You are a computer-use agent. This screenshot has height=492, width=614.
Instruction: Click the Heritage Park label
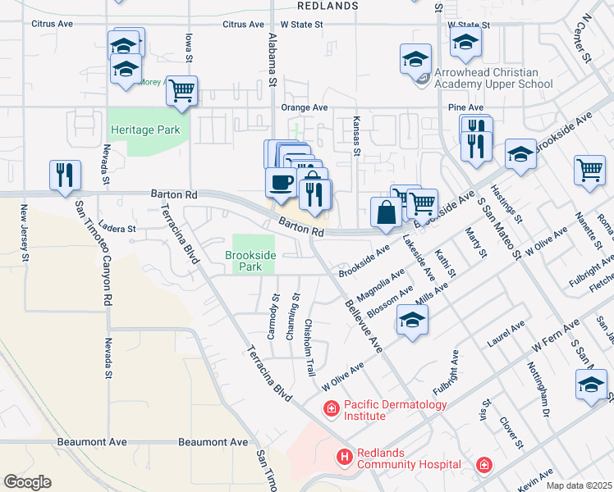click(x=145, y=130)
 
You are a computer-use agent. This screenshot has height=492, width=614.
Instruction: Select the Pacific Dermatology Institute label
click(x=396, y=410)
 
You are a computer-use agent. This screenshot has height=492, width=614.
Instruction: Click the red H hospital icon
click(x=344, y=456)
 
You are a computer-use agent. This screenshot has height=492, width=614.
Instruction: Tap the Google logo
click(x=27, y=482)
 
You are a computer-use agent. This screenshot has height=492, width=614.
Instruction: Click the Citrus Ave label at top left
click(x=51, y=25)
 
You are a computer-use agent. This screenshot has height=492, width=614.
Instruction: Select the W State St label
click(x=301, y=25)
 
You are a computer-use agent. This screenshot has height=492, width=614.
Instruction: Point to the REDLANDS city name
click(x=328, y=5)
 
